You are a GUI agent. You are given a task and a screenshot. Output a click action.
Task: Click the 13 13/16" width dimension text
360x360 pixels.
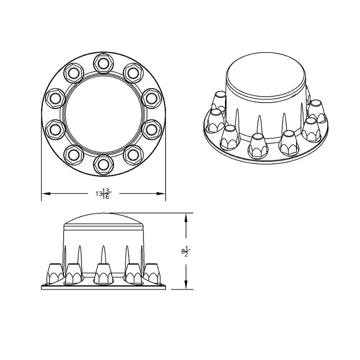(103, 193)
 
